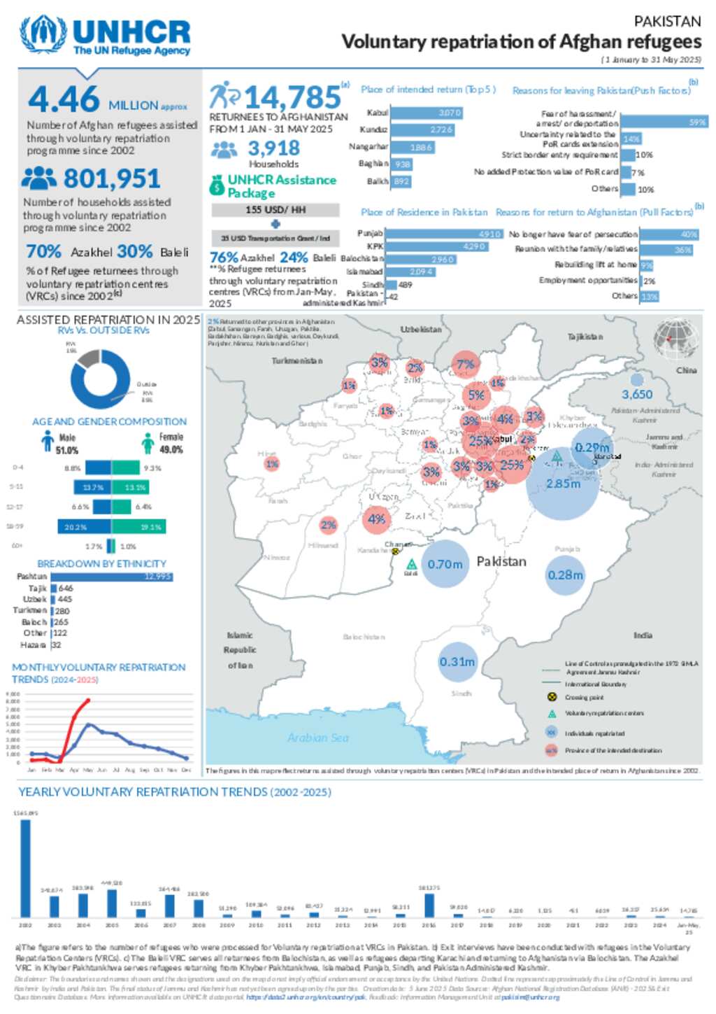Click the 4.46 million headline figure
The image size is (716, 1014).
pos(64,99)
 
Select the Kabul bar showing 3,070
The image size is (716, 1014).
pos(425,113)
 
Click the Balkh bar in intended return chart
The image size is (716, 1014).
pos(401,181)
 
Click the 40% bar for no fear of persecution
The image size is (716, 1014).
pos(669,234)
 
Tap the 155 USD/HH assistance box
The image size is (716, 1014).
pos(275,210)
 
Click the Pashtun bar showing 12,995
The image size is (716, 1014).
pos(111,577)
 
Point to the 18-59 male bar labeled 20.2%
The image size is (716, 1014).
pos(84,527)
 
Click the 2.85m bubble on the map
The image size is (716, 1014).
pos(563,484)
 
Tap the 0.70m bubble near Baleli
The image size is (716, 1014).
pos(445,564)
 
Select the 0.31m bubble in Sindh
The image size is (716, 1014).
pos(457,662)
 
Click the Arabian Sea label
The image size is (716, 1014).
pos(317,738)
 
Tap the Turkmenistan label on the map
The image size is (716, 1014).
pos(297,361)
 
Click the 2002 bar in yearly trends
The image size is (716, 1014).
pos(25,868)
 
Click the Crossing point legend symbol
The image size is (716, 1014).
pos(551,697)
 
